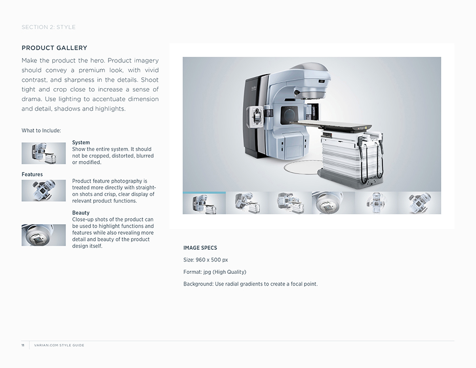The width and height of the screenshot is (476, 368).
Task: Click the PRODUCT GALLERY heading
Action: [x=54, y=48]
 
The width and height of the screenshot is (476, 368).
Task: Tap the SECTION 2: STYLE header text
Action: [x=49, y=27]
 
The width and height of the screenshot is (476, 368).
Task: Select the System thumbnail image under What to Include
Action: [x=44, y=154]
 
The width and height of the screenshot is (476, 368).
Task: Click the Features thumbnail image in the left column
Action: [x=44, y=191]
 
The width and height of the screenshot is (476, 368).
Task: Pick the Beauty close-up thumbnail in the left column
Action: [x=44, y=235]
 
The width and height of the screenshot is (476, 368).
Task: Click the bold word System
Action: [x=81, y=142]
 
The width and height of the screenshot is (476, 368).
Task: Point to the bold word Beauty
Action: [x=81, y=212]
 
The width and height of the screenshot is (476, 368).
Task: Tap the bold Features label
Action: [x=32, y=175]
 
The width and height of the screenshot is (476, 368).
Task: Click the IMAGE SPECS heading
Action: [x=200, y=248]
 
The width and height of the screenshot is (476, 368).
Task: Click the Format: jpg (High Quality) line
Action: [x=214, y=272]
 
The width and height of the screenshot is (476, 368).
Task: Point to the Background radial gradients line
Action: [x=250, y=284]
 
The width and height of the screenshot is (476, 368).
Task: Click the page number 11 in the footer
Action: [x=23, y=345]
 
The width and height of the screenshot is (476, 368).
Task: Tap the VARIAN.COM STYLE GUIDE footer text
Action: [x=59, y=345]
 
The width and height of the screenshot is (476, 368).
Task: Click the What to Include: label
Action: [x=41, y=131]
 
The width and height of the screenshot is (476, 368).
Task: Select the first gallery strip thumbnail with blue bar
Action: [x=204, y=203]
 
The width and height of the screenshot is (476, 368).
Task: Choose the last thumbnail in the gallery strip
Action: [x=420, y=203]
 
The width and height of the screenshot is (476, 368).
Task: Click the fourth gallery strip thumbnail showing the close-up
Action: [x=333, y=203]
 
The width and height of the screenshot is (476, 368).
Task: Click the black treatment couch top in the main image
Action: [x=331, y=125]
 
